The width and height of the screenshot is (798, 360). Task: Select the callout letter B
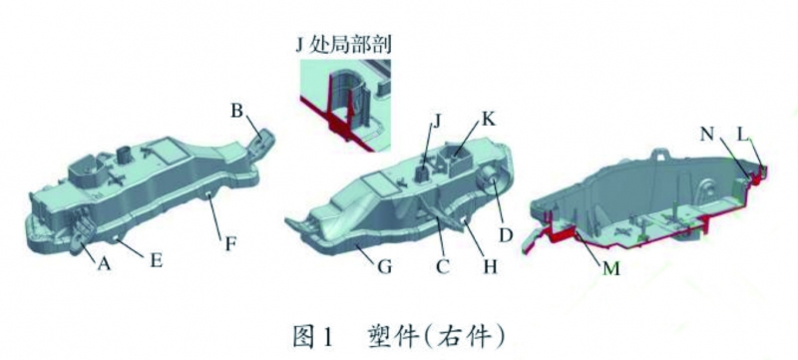(237, 112)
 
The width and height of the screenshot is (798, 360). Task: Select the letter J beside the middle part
(435, 124)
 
